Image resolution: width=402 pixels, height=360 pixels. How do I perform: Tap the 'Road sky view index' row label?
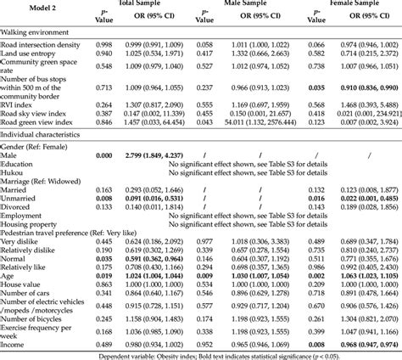coord(34,115)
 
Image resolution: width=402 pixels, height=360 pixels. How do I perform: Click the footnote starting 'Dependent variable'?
coord(201,352)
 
